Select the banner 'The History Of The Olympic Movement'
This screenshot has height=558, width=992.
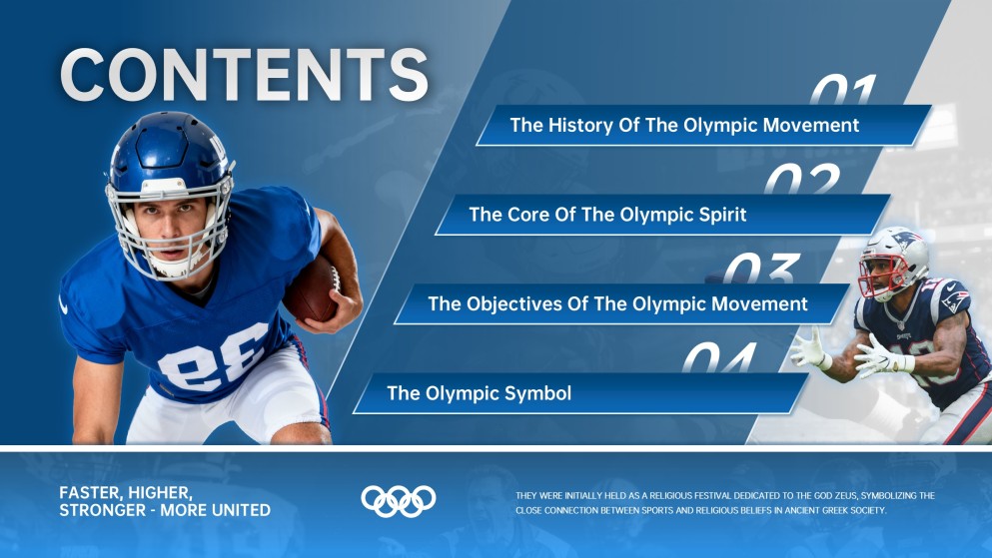click(684, 126)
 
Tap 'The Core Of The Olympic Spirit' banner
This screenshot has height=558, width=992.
click(607, 215)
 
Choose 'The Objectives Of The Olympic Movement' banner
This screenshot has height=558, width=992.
click(617, 303)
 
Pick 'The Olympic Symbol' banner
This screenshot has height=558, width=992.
click(480, 393)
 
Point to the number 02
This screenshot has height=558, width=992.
click(802, 180)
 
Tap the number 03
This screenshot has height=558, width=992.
click(761, 269)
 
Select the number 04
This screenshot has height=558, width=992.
click(720, 357)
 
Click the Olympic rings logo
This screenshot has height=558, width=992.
click(399, 500)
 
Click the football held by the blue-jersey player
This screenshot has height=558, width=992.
click(313, 288)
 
